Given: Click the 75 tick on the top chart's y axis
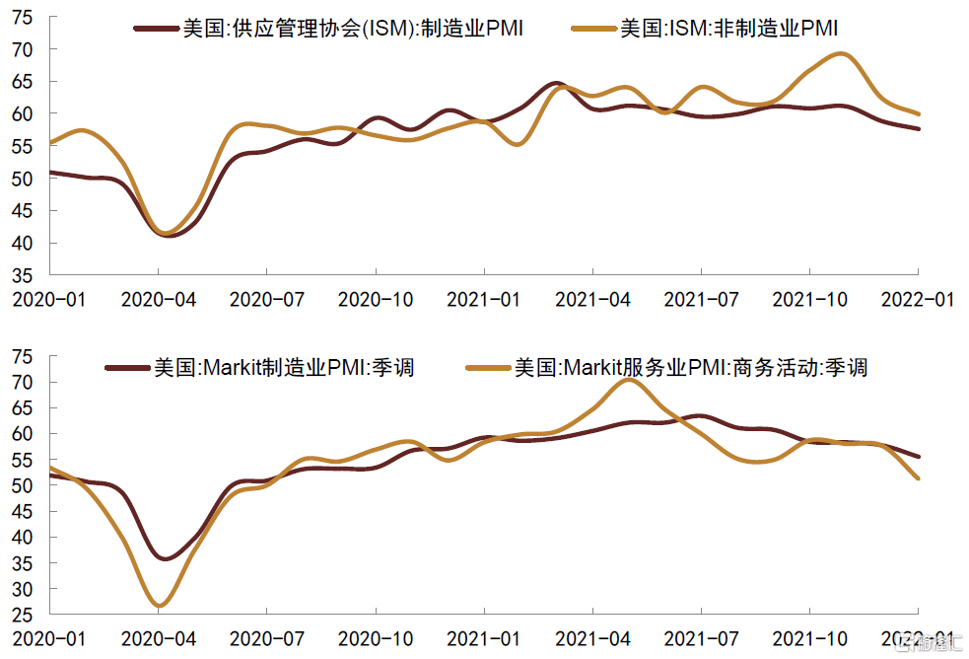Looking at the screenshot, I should tap(23, 18).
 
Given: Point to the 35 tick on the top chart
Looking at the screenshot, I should tap(23, 275).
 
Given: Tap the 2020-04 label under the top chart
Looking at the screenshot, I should tap(159, 299).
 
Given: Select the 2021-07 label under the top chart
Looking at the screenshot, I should tap(702, 299).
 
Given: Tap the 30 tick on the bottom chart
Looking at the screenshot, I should tap(23, 589).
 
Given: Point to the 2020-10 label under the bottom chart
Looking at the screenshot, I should tap(376, 639).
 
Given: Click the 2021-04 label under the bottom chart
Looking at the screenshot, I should tap(593, 639).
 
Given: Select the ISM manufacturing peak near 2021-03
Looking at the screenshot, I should tap(555, 83).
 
